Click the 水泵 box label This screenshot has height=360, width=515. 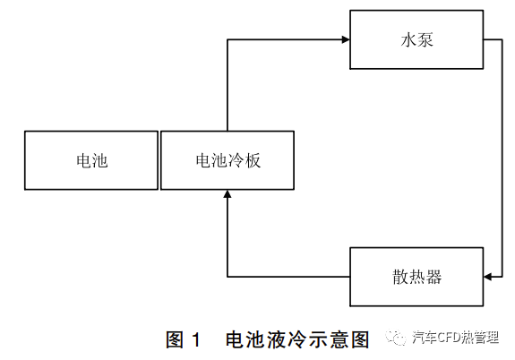(416, 40)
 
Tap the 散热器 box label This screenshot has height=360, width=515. (416, 277)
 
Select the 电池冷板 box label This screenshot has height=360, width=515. (227, 160)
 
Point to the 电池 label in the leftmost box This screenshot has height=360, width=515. (92, 160)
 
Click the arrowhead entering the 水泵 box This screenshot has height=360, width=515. (346, 39)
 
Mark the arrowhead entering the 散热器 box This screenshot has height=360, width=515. (488, 277)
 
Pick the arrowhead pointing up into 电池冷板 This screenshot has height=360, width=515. (227, 194)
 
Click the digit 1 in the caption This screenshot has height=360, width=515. (196, 339)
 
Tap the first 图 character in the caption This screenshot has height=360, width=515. (175, 339)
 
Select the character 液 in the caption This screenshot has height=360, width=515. (277, 339)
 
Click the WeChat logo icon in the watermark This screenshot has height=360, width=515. (396, 337)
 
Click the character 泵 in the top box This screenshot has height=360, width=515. (425, 40)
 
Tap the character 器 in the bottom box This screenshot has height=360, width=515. (433, 277)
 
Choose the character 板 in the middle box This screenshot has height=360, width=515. (253, 160)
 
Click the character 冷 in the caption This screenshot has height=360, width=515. (297, 339)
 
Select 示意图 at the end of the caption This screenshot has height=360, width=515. (339, 339)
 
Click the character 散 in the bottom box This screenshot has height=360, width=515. (400, 277)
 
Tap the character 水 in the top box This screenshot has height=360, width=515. (408, 40)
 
